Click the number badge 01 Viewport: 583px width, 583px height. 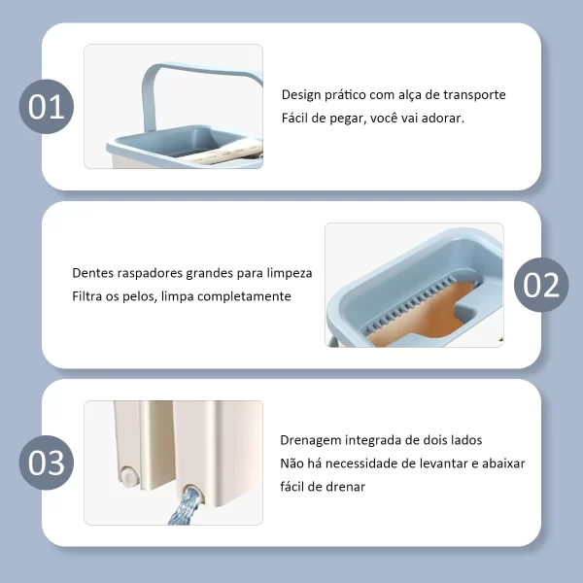(47, 106)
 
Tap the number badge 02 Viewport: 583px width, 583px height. (541, 285)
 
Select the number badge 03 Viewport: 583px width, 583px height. (47, 463)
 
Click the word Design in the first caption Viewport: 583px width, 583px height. (301, 95)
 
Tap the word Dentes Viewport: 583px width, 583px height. (92, 273)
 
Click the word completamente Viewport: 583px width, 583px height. (244, 296)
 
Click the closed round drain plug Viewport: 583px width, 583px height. (129, 476)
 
